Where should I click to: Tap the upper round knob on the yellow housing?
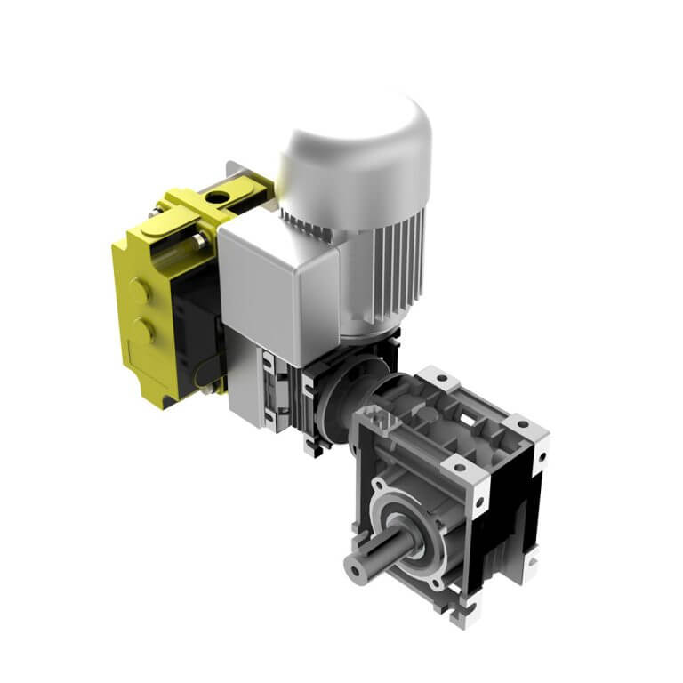pos(140,292)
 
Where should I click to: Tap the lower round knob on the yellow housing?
pos(141,332)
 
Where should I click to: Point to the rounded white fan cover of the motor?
pos(356,142)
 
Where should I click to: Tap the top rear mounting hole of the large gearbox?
pos(436,378)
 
